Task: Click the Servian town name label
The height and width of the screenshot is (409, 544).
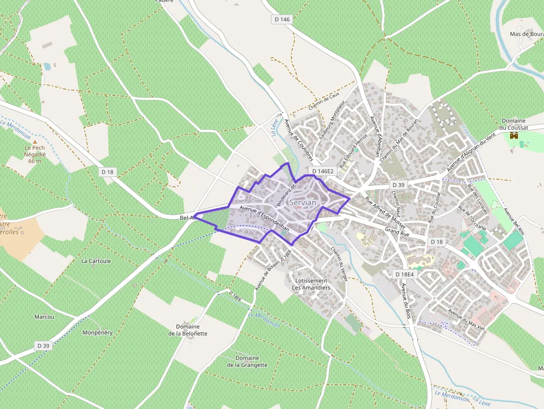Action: (x=303, y=203)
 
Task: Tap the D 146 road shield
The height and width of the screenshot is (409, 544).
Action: (x=282, y=19)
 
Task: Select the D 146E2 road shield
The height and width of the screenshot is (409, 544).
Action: (x=323, y=171)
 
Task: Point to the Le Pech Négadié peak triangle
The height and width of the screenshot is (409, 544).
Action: (x=34, y=142)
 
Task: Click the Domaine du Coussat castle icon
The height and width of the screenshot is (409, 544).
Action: (x=513, y=135)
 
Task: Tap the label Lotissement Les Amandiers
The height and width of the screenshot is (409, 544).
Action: (x=311, y=284)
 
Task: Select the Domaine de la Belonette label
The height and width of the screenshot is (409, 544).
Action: (x=188, y=330)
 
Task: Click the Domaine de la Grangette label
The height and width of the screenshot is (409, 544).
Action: (x=247, y=361)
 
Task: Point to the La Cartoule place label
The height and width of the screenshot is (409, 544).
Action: (x=96, y=260)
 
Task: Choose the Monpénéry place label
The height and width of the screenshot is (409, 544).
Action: (x=97, y=332)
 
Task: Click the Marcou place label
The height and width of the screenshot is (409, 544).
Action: (x=44, y=317)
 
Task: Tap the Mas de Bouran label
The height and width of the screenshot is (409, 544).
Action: (x=526, y=34)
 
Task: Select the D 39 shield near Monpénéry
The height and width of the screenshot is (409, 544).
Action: (x=43, y=346)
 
